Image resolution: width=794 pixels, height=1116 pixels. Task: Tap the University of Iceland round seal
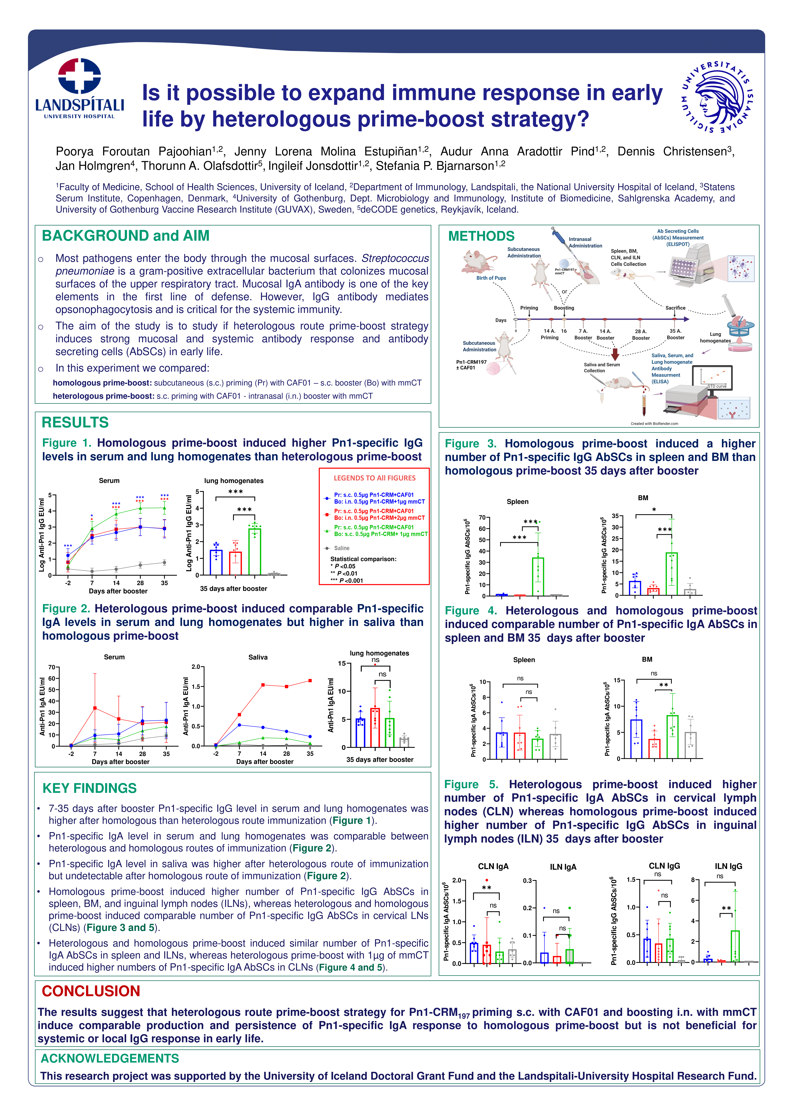pos(717,96)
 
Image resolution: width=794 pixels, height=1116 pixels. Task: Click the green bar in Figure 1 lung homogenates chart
pos(254,551)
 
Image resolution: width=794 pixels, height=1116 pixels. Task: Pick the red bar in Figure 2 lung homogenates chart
pos(375,727)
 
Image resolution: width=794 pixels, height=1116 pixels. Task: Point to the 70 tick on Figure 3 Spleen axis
pos(482,517)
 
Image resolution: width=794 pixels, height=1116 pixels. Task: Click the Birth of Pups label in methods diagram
pos(491,278)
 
